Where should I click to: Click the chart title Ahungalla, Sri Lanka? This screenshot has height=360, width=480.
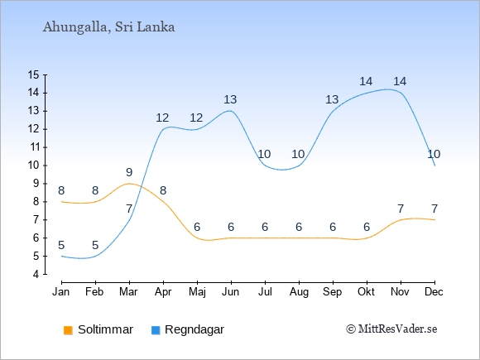tap(108, 27)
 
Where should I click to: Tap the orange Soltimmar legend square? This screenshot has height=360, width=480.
tap(68, 330)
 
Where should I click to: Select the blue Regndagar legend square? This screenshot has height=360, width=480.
tap(156, 330)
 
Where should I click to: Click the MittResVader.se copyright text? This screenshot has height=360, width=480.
tap(391, 329)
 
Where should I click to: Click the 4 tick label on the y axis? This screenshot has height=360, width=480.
tap(36, 274)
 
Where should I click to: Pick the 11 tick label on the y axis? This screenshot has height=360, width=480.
tap(33, 147)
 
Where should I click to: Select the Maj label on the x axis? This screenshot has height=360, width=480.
tap(197, 292)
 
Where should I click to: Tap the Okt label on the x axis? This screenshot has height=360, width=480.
tap(367, 292)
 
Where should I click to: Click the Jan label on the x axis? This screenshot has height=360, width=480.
tap(61, 292)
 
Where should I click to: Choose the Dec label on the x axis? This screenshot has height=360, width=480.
tap(434, 292)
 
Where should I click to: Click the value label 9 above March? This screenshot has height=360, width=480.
tap(129, 172)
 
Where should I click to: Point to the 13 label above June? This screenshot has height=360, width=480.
tap(230, 99)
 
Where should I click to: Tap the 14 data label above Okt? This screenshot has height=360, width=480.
tap(366, 81)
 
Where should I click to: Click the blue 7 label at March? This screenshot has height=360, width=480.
tap(129, 209)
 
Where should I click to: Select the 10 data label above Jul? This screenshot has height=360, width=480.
tap(264, 154)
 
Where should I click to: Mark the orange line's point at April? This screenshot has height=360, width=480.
tap(163, 202)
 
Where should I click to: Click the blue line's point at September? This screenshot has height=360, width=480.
tap(333, 111)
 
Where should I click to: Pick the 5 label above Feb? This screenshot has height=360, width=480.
tap(95, 245)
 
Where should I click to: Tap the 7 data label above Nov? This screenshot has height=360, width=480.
tap(401, 209)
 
